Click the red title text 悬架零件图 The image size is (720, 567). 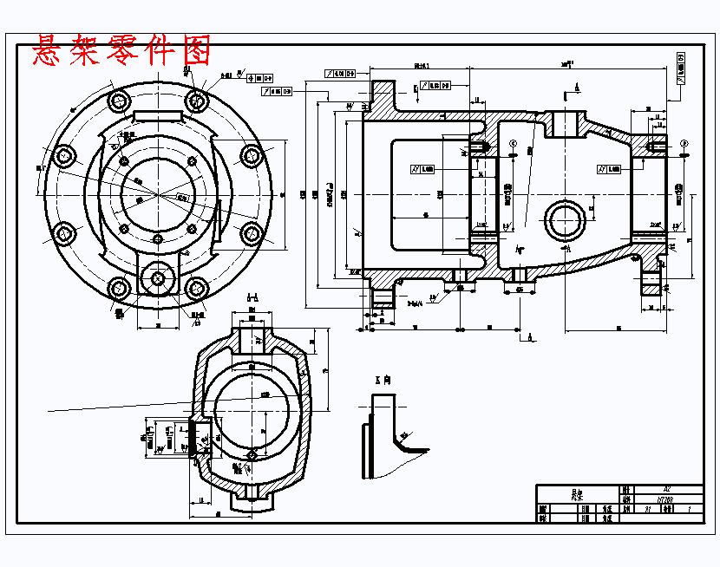[x=121, y=51]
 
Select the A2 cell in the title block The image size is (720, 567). [x=666, y=489]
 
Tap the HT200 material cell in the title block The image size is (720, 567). [x=666, y=499]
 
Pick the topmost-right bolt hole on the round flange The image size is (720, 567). [x=198, y=101]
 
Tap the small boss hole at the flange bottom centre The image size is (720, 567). [x=157, y=277]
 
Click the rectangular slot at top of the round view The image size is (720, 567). [x=157, y=115]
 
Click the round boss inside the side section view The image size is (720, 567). [x=566, y=221]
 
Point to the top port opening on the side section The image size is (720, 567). [x=566, y=122]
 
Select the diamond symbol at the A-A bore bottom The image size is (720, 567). [x=251, y=454]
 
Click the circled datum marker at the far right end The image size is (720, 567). [x=684, y=143]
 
